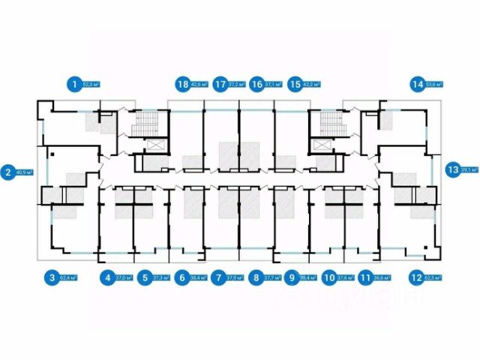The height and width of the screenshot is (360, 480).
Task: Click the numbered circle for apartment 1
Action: click(73, 85)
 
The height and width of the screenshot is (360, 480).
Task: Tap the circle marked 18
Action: click(182, 85)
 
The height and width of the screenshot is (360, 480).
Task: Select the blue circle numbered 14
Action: click(418, 85)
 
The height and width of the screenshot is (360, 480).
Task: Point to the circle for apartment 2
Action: click(7, 170)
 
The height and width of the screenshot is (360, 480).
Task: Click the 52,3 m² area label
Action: click(91, 85)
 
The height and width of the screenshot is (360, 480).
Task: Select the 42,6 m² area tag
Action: click(199, 85)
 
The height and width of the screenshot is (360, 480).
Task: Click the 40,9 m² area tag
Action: click(25, 170)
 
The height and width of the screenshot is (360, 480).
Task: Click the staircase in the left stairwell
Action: click(142, 124)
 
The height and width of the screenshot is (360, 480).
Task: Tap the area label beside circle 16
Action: click(275, 85)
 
